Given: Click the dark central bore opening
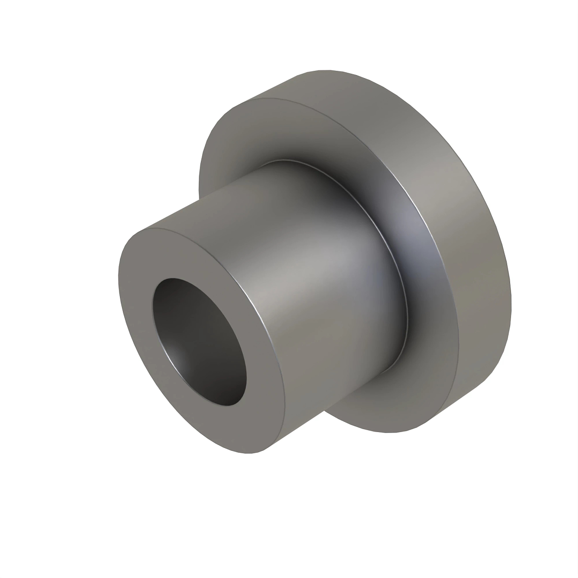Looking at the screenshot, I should pyautogui.click(x=202, y=337).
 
